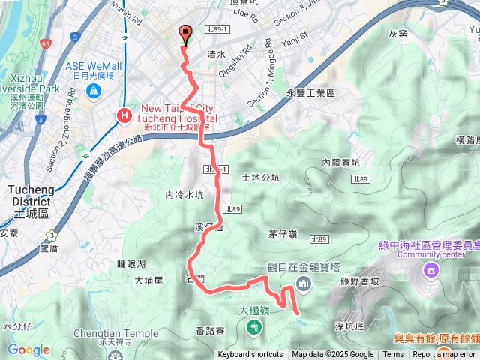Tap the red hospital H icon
(x=123, y=115)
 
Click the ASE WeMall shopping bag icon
(x=94, y=91)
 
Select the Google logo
(x=28, y=349)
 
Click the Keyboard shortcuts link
(x=250, y=355)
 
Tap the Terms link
(x=393, y=355)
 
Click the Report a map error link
(x=444, y=355)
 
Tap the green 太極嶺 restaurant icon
(x=255, y=326)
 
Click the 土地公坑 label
(x=262, y=178)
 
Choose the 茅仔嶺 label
(x=283, y=233)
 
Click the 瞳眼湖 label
(x=131, y=263)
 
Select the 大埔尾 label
(x=148, y=280)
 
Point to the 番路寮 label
(x=211, y=331)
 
